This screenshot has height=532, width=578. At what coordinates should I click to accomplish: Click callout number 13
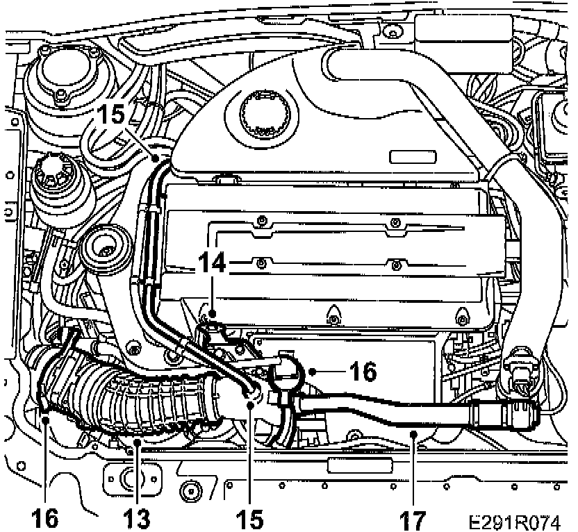136,517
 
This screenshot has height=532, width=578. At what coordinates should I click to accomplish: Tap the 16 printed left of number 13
43,517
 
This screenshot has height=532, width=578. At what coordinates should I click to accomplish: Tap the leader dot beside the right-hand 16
313,372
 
